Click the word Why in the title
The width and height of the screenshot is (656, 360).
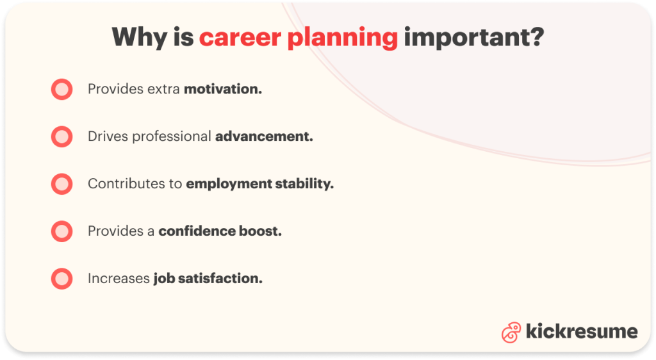(x=140, y=37)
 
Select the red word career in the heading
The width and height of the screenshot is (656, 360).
(x=240, y=38)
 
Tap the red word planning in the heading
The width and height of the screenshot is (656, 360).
(x=343, y=38)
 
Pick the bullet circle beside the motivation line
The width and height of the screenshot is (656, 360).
(x=62, y=89)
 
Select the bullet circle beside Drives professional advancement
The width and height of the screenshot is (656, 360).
(x=62, y=136)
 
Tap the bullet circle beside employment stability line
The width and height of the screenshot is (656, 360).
(x=62, y=184)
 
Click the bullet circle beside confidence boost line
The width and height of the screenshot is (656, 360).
(x=62, y=231)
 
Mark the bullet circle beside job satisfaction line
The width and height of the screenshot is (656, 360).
(x=62, y=279)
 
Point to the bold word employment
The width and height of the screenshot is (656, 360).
(x=229, y=184)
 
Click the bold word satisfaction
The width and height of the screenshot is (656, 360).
(x=220, y=279)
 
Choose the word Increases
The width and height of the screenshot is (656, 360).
(x=119, y=279)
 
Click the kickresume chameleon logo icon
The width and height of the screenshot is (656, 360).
(x=511, y=332)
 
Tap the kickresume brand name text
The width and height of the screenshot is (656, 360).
(x=582, y=331)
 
